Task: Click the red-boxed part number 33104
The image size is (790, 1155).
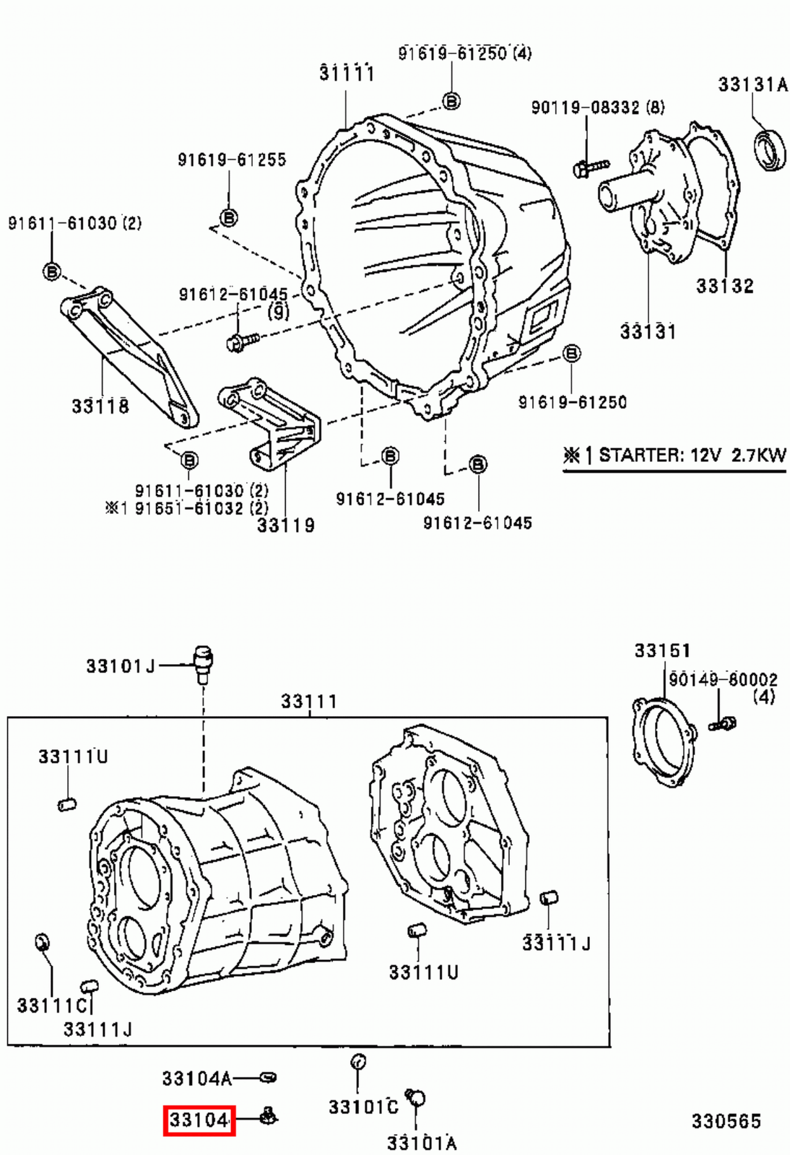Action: pos(199,1120)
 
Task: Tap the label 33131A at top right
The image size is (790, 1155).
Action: pos(752,84)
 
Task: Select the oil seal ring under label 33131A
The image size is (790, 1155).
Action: pos(771,150)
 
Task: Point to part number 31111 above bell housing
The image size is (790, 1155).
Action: pos(347,73)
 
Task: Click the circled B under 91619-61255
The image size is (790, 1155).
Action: pos(228,217)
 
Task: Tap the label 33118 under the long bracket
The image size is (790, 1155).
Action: pos(100,406)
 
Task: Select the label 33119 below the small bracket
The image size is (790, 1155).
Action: pos(286,525)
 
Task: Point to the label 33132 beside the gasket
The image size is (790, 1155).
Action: pos(724,286)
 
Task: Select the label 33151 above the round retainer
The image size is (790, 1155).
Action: pos(662,650)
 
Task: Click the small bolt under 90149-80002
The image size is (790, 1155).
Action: pos(721,723)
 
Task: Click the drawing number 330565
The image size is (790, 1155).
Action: pos(726,1120)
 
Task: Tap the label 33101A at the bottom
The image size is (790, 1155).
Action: pos(422,1142)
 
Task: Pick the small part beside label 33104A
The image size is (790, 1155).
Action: pos(268,1078)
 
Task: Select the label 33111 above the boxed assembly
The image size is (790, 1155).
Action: pos(309,701)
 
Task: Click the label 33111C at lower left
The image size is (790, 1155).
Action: pos(52,1005)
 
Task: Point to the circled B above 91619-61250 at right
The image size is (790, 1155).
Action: pos(571,353)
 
